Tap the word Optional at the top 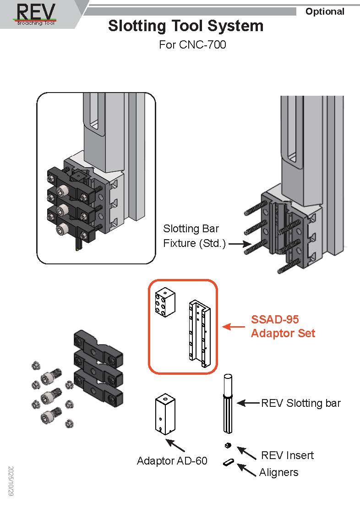tap(325, 11)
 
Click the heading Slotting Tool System tap(185, 26)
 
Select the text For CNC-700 tap(192, 45)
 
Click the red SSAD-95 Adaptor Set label tap(283, 326)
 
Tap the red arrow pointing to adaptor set tap(234, 327)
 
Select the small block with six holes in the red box tap(164, 302)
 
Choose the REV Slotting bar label tap(301, 403)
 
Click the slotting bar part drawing tap(229, 403)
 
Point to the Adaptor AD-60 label tap(172, 460)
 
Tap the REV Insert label tap(287, 455)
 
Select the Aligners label tap(278, 472)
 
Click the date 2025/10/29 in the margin tap(11, 482)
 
